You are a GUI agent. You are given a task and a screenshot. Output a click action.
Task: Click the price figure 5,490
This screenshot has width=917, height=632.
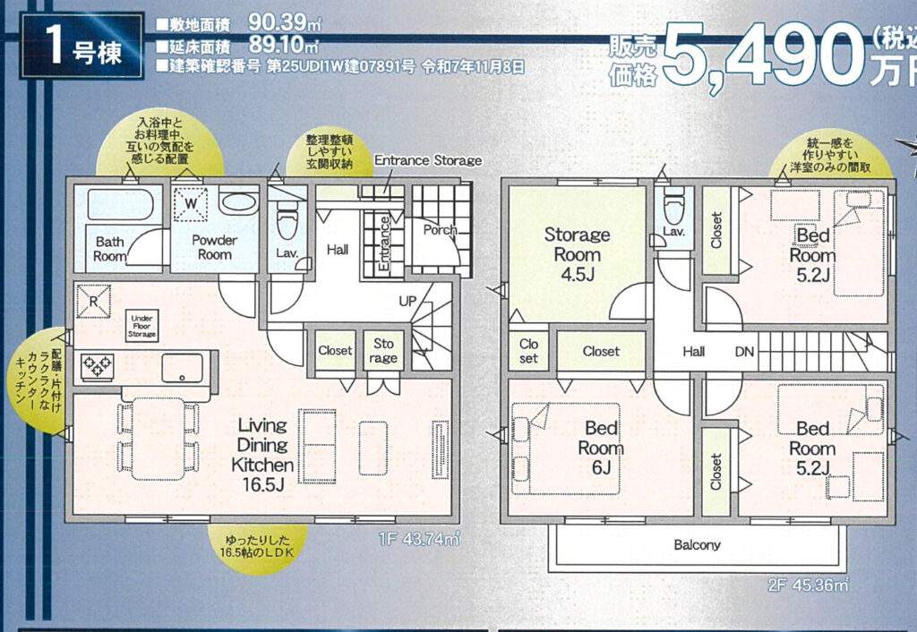tap(763, 55)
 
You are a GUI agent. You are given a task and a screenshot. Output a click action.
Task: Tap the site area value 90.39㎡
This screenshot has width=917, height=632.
tap(285, 22)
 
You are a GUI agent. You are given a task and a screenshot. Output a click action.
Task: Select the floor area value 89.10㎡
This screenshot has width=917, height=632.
tap(284, 45)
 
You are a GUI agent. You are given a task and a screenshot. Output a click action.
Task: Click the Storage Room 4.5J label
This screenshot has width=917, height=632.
tap(578, 254)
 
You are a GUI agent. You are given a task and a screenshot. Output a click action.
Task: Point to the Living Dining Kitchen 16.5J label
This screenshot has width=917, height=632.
tap(262, 454)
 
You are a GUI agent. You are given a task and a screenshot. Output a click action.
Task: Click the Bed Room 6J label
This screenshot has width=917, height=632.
tap(601, 448)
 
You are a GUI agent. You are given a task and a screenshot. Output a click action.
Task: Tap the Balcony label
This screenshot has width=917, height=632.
tap(697, 545)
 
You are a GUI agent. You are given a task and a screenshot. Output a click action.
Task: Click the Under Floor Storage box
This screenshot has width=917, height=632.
tap(141, 326)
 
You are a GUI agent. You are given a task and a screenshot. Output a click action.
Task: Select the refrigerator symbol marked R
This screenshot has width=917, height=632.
tap(93, 301)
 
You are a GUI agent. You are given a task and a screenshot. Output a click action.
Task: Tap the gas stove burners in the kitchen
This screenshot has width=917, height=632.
tap(97, 366)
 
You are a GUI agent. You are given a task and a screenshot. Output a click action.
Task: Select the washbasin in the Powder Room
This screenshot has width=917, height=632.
tap(239, 201)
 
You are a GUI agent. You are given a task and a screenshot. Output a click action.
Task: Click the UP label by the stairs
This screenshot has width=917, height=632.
tap(407, 301)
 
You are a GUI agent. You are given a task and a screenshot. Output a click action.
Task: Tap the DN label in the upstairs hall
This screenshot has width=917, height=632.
tap(744, 352)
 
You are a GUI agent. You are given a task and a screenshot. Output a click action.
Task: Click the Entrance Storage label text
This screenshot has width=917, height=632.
tap(428, 160)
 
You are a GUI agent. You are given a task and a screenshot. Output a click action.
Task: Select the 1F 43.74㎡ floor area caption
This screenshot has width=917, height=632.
tap(419, 539)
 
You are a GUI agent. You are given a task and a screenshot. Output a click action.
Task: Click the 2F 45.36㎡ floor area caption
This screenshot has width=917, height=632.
tap(809, 585)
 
